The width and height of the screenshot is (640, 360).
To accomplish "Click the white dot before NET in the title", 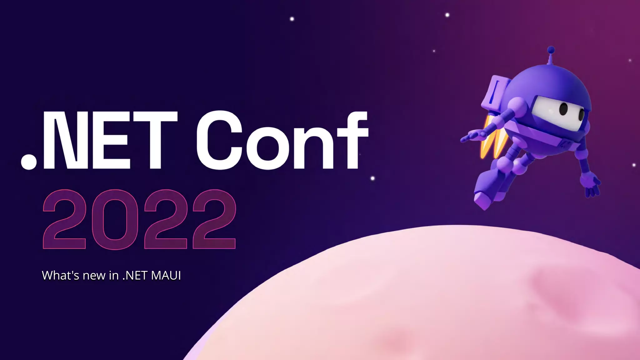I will [29, 162].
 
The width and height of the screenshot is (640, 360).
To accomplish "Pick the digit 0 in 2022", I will [115, 219].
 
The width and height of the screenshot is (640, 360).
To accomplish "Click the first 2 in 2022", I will [64, 219].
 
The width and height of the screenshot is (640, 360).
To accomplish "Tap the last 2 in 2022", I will [214, 219].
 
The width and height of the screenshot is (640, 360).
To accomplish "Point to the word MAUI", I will [166, 275].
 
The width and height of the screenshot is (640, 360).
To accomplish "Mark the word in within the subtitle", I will [114, 275].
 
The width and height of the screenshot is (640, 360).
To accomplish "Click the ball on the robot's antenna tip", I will [551, 50].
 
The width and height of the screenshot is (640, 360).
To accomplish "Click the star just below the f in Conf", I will [372, 178].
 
